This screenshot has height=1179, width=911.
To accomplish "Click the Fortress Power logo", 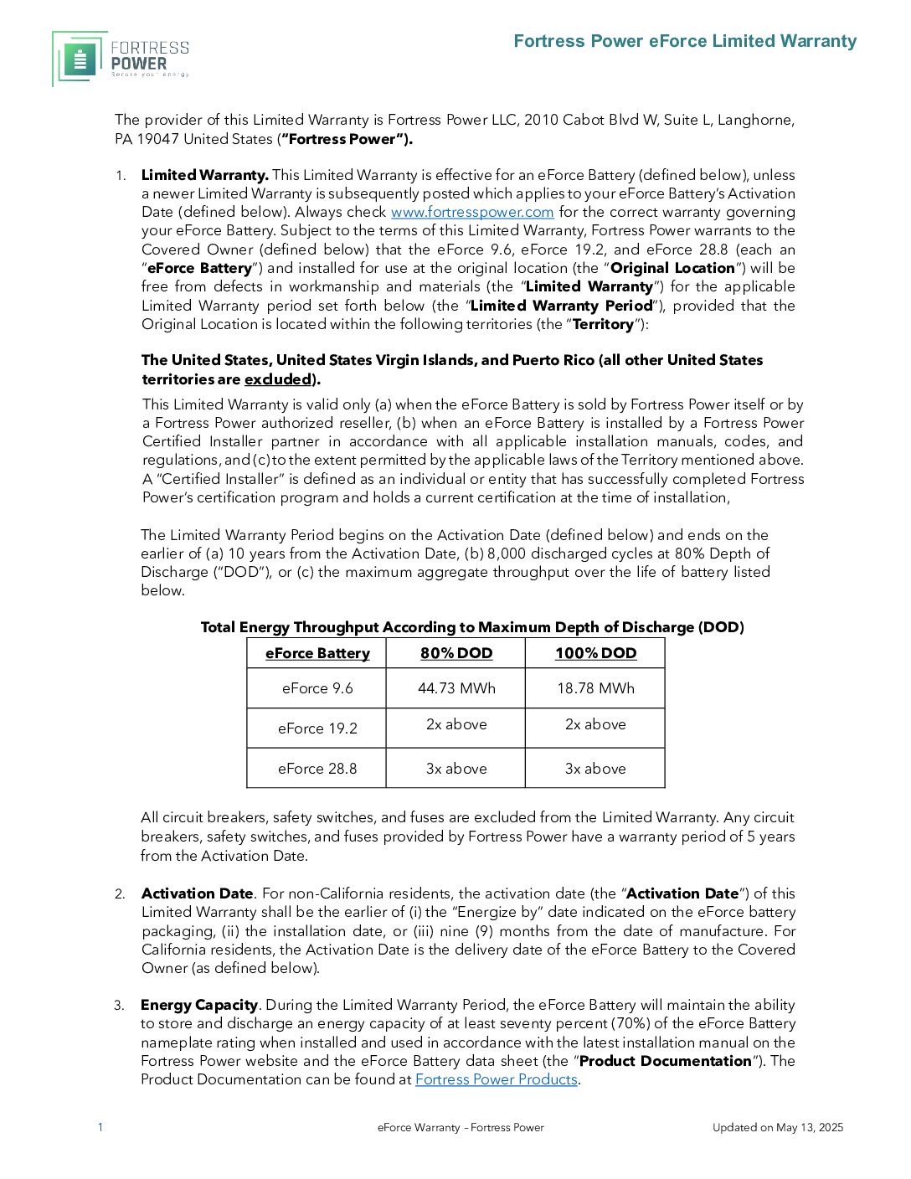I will pos(121,59).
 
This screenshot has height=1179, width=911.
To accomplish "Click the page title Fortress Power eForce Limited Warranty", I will pos(685,41).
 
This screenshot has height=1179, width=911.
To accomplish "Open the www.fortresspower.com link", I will pos(472,213).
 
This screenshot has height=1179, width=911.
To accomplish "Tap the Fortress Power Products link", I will pos(497,1079).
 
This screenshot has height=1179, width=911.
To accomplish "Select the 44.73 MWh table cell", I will pos(456,688).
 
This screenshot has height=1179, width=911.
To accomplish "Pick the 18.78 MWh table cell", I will pos(595,688).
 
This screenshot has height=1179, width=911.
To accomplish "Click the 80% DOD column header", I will pos(456,653).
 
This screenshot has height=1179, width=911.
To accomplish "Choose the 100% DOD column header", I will pos(595,653).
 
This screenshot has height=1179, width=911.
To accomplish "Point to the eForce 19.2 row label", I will pos(317,729).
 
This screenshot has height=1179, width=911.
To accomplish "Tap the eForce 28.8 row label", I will pos(317,769).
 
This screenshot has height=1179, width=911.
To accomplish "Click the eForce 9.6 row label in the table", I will pos(317,688).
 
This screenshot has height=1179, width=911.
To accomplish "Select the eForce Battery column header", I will pos(317,653).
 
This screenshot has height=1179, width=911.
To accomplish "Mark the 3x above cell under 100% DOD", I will pos(595,769).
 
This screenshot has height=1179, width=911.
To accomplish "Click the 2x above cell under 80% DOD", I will pos(456,724).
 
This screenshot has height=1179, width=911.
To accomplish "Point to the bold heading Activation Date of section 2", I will pos(197,893).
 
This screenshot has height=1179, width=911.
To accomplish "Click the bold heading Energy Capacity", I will pos(199,1005).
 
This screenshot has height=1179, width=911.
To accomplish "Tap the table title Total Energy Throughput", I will pos(472,627).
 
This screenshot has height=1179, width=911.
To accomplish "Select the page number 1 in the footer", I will pos(100,1127).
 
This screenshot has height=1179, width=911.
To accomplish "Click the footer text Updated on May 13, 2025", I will pos(778,1128).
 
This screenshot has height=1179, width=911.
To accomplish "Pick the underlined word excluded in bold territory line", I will pos(277,379).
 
